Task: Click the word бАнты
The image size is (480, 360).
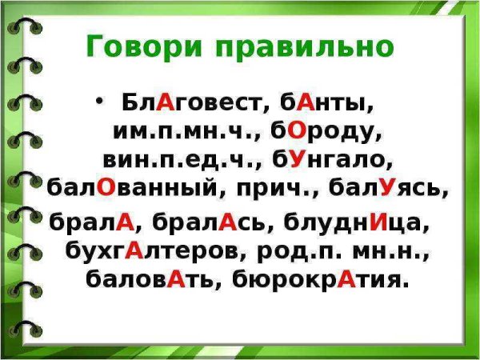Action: click(x=322, y=103)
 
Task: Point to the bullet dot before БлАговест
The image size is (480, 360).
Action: click(x=99, y=102)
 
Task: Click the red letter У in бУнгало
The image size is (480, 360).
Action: click(x=298, y=158)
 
